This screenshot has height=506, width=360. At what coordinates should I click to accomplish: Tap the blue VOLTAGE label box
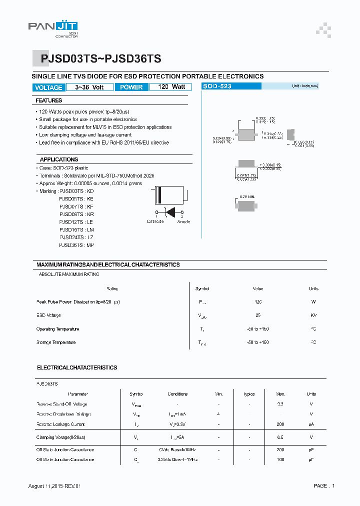click(48, 87)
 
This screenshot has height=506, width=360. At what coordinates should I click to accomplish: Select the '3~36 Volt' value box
click(89, 87)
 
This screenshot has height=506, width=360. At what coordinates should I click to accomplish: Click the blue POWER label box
click(131, 87)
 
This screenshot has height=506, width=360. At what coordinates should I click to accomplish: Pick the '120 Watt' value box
click(171, 87)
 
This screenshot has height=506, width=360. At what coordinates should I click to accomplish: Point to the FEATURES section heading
click(49, 101)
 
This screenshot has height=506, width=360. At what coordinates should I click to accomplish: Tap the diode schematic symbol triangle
click(170, 212)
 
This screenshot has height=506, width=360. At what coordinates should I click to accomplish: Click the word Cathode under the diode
click(155, 221)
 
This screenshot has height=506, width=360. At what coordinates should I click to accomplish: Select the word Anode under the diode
click(183, 221)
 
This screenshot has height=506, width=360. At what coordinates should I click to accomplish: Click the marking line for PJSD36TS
click(76, 245)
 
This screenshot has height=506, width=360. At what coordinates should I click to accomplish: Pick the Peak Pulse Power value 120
click(258, 302)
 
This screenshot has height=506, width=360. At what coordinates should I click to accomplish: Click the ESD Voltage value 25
click(258, 315)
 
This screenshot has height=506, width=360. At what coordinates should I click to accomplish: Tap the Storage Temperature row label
click(56, 342)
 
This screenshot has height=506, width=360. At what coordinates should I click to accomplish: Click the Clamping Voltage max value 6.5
click(280, 437)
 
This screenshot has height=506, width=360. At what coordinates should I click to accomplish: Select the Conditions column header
click(177, 394)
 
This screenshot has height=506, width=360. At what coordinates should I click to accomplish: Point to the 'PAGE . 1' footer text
click(324, 485)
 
